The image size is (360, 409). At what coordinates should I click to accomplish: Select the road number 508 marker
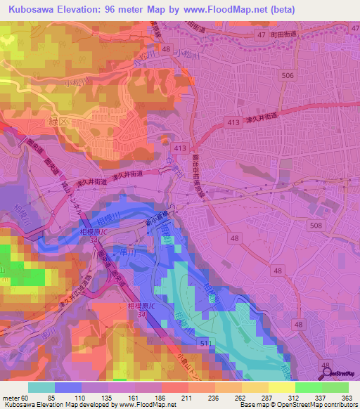point(317,224)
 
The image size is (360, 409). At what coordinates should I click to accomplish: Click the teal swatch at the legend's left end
point(41,387)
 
